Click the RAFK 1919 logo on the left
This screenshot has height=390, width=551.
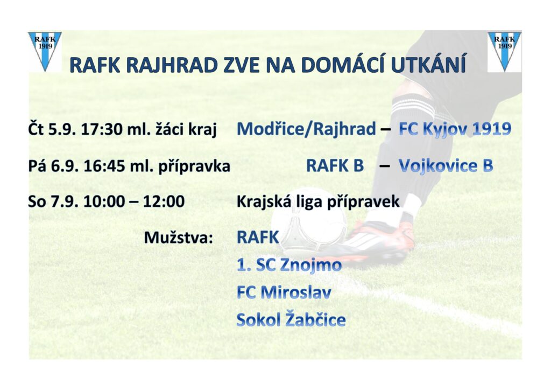coord(45,52)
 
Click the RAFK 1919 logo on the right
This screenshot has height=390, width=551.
coord(504,52)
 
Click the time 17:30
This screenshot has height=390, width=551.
coord(101,129)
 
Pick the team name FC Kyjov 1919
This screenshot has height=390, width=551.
coord(455,129)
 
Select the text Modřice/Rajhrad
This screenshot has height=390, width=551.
coord(306,129)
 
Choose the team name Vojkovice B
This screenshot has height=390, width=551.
coord(446,166)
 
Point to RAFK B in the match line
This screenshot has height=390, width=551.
coord(335,165)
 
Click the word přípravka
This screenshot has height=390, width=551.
coord(194,166)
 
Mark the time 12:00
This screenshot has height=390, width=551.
coord(164,201)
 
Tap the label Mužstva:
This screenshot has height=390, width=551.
coord(179,238)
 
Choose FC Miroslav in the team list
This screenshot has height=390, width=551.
coord(284,292)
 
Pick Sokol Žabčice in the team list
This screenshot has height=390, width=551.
coord(291,319)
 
